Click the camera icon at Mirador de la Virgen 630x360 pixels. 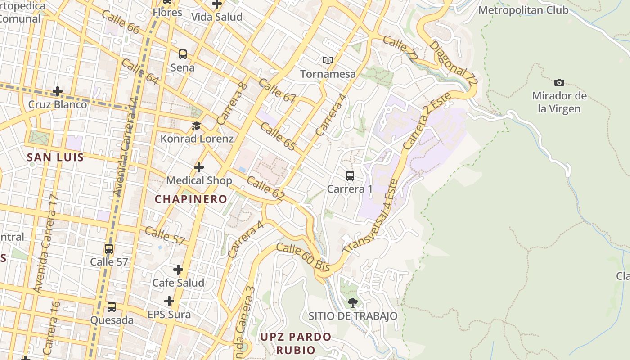[559, 82]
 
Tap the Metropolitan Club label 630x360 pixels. [523, 10]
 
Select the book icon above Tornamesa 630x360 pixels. [328, 60]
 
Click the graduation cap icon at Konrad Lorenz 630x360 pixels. [196, 126]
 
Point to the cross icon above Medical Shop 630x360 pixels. [199, 167]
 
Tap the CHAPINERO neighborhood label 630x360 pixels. [191, 199]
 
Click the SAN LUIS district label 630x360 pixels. [55, 157]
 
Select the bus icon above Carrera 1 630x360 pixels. [350, 176]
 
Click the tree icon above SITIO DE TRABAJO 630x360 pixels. [353, 303]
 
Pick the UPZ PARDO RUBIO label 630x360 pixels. [296, 343]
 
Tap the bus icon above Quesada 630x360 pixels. [112, 307]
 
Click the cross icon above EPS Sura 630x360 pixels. [169, 301]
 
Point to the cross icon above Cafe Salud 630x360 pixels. [178, 270]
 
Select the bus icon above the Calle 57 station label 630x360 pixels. [109, 249]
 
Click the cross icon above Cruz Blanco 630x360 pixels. [58, 91]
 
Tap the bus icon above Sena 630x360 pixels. [182, 54]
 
